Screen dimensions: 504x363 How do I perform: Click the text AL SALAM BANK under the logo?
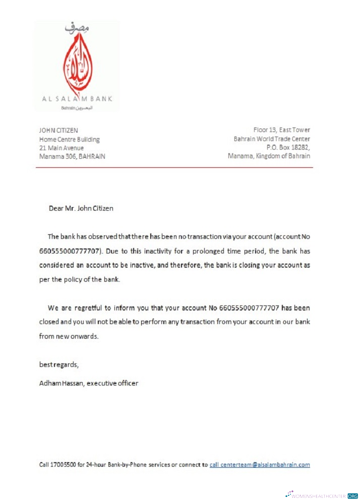point(77,99)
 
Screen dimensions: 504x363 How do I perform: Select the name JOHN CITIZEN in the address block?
point(58,131)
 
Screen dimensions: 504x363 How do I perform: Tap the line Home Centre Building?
point(70,139)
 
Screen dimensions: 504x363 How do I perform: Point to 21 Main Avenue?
point(62,148)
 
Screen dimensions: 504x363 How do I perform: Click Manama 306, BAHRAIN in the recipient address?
point(72,156)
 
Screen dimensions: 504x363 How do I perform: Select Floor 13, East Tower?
point(281,131)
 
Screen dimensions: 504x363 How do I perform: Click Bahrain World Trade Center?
point(272,139)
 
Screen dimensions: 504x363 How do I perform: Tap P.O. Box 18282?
point(288,148)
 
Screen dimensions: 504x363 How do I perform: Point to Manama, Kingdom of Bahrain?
point(269,156)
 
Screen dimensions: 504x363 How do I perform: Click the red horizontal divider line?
point(174,167)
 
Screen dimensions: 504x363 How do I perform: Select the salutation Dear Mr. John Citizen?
point(81,208)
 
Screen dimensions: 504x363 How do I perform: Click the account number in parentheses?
point(71,250)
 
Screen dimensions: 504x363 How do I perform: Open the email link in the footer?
point(260,465)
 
